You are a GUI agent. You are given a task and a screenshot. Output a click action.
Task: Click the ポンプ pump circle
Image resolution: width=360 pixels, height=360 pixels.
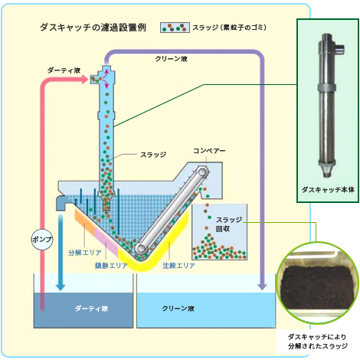(x=42, y=239)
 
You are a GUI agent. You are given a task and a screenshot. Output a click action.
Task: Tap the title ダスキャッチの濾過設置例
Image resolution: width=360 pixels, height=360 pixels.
(x=93, y=28)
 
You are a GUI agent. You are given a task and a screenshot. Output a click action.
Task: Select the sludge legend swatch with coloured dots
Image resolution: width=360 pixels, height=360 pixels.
(x=175, y=28)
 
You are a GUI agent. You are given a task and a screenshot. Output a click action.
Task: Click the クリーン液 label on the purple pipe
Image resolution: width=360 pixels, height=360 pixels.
(x=172, y=59)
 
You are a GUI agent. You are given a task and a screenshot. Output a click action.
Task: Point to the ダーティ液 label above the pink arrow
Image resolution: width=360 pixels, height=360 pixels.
(x=64, y=70)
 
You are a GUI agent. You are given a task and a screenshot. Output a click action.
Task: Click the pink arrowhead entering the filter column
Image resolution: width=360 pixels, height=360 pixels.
(x=85, y=79)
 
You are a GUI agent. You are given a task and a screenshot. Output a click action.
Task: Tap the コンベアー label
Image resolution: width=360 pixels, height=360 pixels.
(x=209, y=151)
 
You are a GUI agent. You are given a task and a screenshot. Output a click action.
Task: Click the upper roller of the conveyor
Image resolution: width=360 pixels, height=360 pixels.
(x=202, y=172)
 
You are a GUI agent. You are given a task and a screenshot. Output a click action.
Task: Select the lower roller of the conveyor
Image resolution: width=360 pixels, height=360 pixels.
(x=141, y=247)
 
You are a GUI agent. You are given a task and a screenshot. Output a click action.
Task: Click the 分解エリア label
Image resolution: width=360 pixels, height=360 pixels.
(x=85, y=253)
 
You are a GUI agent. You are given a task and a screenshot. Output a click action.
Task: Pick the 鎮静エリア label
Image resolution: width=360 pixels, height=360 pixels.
(x=111, y=266)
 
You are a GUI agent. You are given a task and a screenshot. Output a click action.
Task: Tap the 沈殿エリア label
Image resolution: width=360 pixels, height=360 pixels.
(x=178, y=266)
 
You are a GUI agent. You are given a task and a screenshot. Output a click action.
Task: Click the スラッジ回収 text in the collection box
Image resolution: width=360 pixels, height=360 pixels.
(x=229, y=224)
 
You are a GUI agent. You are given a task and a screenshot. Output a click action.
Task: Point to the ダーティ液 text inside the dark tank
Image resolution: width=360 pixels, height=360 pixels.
(x=91, y=309)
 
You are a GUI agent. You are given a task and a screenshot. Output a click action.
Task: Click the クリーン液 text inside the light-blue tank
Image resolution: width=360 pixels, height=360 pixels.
(x=178, y=309)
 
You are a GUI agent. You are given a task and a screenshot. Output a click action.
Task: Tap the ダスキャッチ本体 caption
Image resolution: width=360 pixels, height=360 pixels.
(x=328, y=190)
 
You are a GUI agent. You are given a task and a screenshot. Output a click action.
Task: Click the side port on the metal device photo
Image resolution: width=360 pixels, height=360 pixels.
(x=340, y=48)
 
